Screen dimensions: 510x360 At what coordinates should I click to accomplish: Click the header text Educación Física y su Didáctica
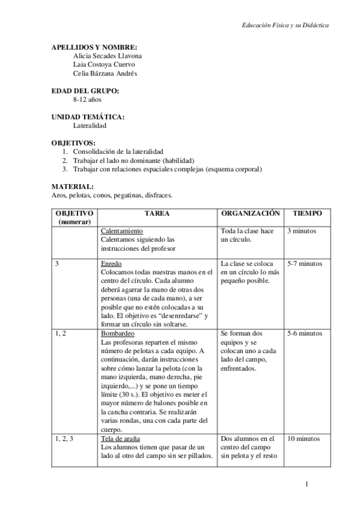click(x=285, y=26)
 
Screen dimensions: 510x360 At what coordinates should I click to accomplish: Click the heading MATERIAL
click(x=72, y=186)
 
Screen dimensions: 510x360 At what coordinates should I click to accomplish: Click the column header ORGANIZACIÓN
click(x=251, y=214)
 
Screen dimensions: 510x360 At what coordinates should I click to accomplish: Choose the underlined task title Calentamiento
click(x=121, y=231)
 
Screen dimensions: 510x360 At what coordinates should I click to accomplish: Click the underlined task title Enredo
click(x=111, y=264)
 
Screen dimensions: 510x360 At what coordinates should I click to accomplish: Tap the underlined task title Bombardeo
click(x=117, y=333)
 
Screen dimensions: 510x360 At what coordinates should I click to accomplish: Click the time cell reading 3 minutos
click(x=302, y=231)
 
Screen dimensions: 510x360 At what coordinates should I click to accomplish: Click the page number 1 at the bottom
click(x=307, y=484)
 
